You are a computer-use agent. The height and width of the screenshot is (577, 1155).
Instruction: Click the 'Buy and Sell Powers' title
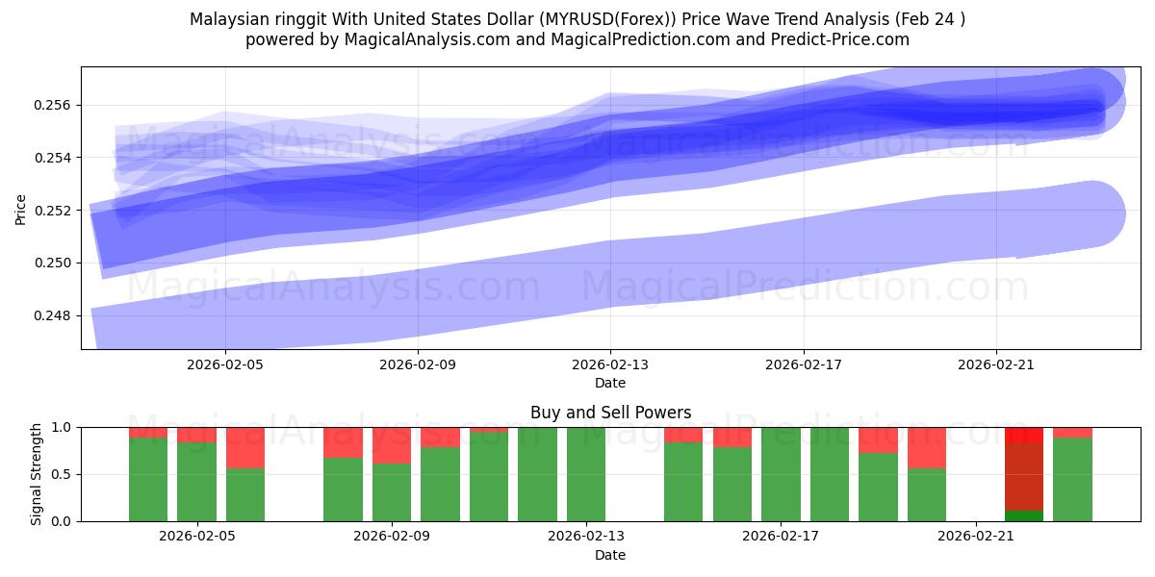610,413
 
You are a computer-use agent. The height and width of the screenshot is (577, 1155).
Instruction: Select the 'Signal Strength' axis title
36,474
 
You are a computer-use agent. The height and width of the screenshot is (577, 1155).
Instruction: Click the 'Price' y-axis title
21,209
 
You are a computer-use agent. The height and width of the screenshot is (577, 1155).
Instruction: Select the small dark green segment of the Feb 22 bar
1023,516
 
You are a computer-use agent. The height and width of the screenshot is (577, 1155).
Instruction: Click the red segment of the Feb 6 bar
245,447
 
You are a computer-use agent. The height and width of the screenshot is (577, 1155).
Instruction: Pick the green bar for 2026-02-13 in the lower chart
585,474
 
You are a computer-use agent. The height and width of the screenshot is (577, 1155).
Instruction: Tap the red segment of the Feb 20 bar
926,447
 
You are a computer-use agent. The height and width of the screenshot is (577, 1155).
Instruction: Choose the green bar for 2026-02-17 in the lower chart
781,474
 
